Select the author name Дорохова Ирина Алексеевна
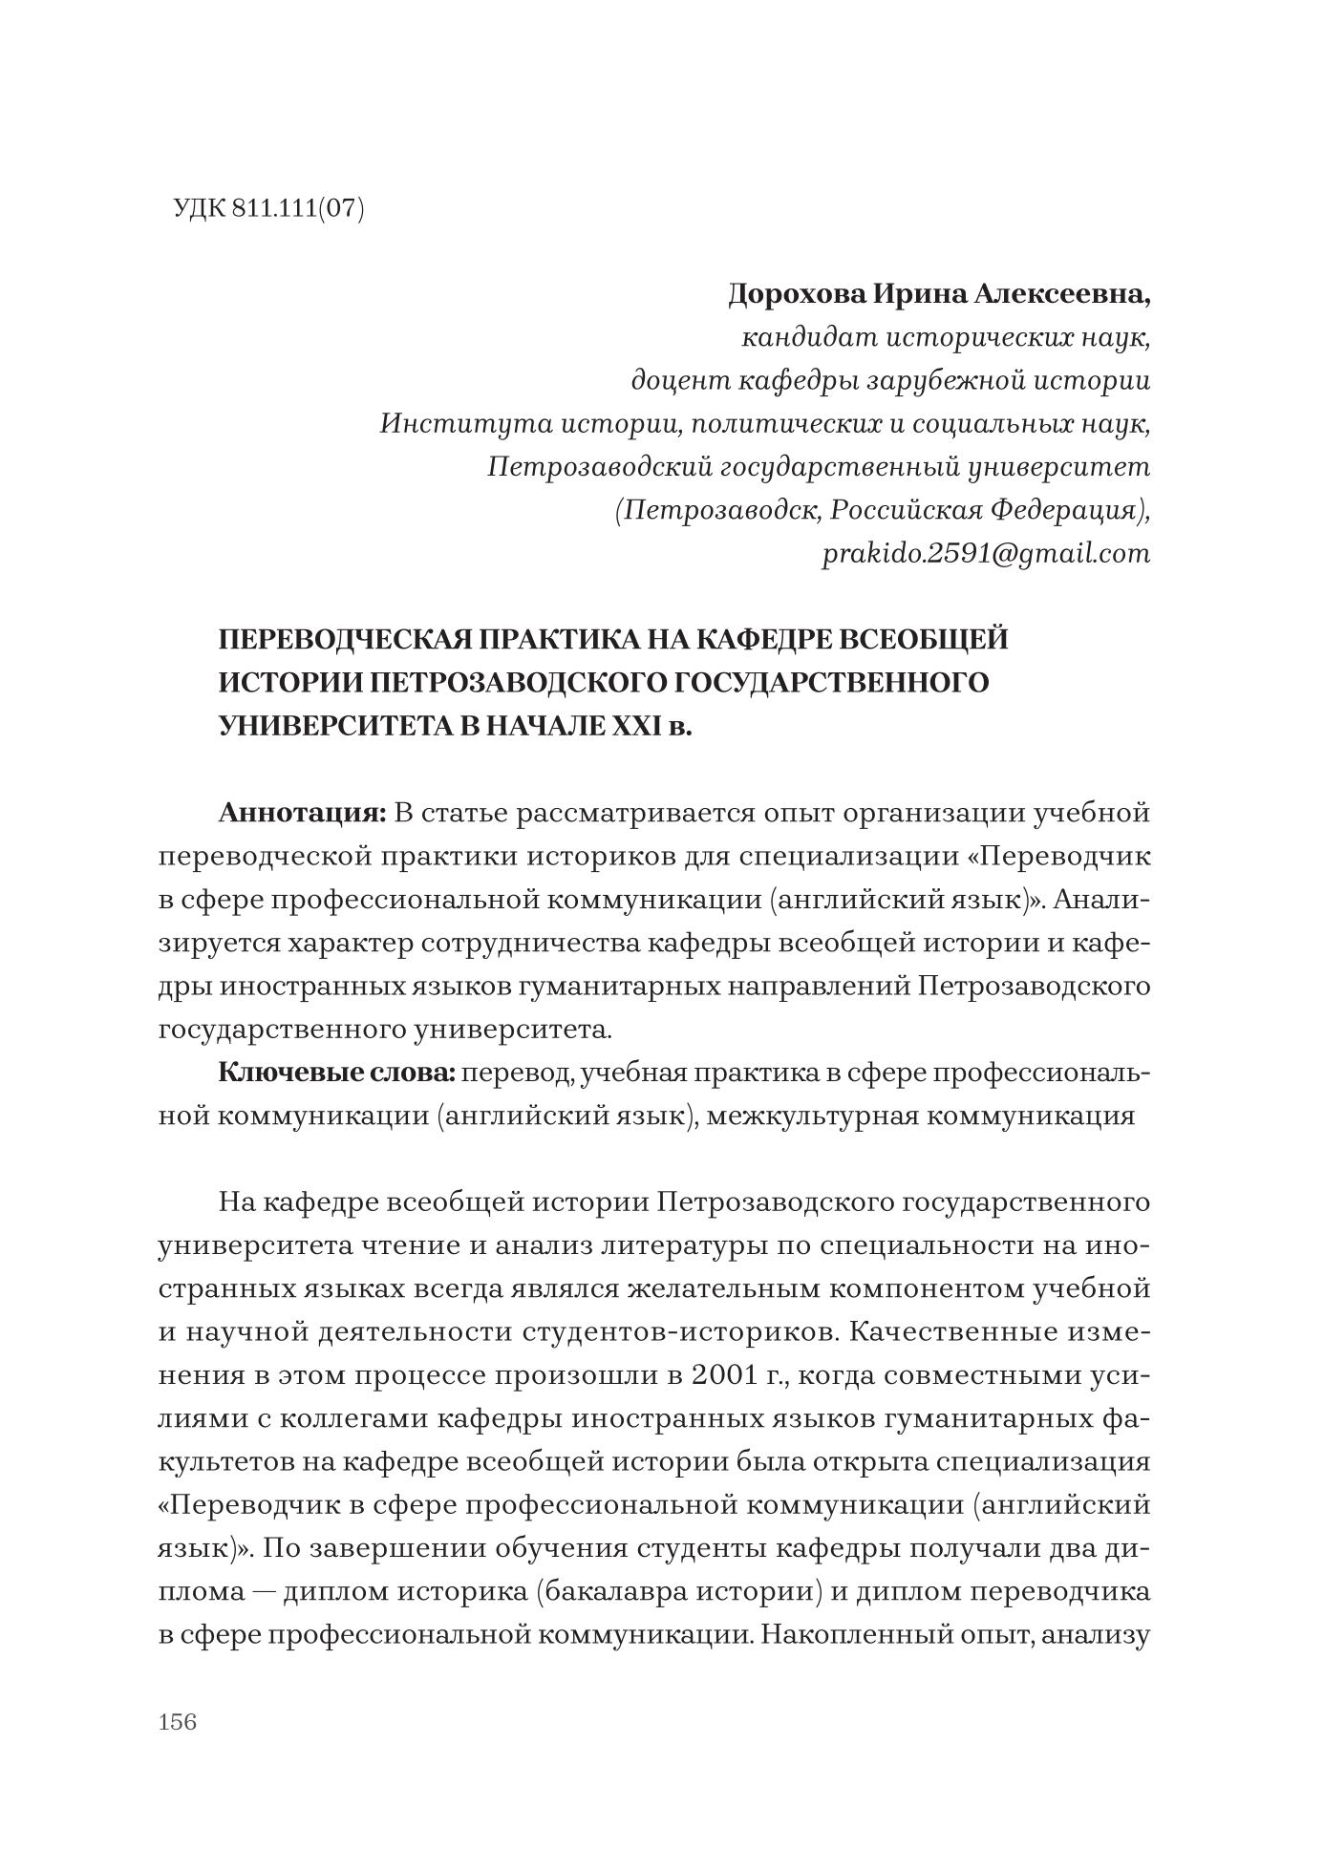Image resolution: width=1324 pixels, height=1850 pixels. (x=939, y=294)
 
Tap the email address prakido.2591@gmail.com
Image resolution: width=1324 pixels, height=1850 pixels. (x=986, y=554)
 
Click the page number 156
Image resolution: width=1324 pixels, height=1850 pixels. (x=178, y=1722)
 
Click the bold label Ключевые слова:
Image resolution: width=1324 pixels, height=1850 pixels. (x=338, y=1073)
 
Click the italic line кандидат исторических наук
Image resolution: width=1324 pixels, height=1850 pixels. (x=946, y=337)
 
